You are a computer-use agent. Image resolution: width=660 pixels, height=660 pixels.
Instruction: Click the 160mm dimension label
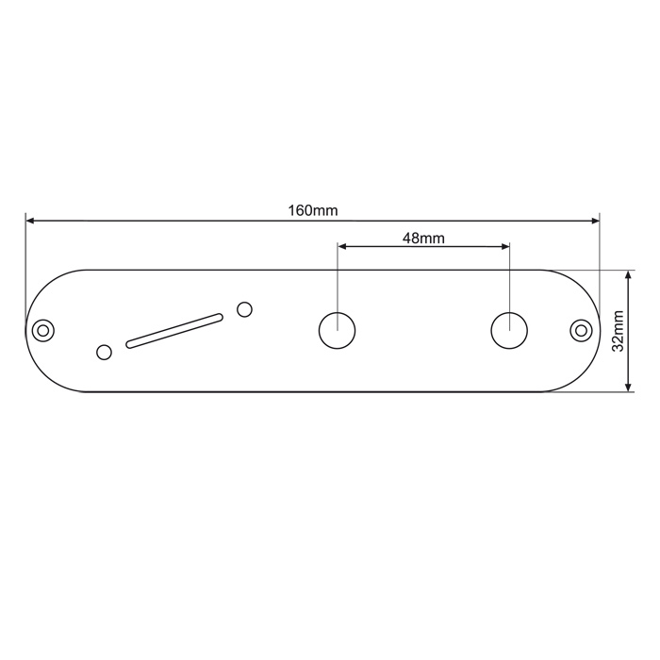click(313, 210)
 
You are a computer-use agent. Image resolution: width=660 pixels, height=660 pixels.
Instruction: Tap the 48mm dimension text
click(423, 239)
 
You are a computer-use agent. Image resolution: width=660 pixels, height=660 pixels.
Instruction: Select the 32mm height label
click(618, 330)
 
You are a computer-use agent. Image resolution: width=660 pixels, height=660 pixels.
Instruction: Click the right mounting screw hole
click(581, 330)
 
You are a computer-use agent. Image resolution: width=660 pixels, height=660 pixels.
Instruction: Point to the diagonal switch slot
click(174, 330)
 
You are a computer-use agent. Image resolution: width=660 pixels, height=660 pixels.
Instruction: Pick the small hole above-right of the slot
click(244, 309)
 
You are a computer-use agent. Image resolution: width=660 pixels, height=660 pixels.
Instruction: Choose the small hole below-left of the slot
click(104, 352)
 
